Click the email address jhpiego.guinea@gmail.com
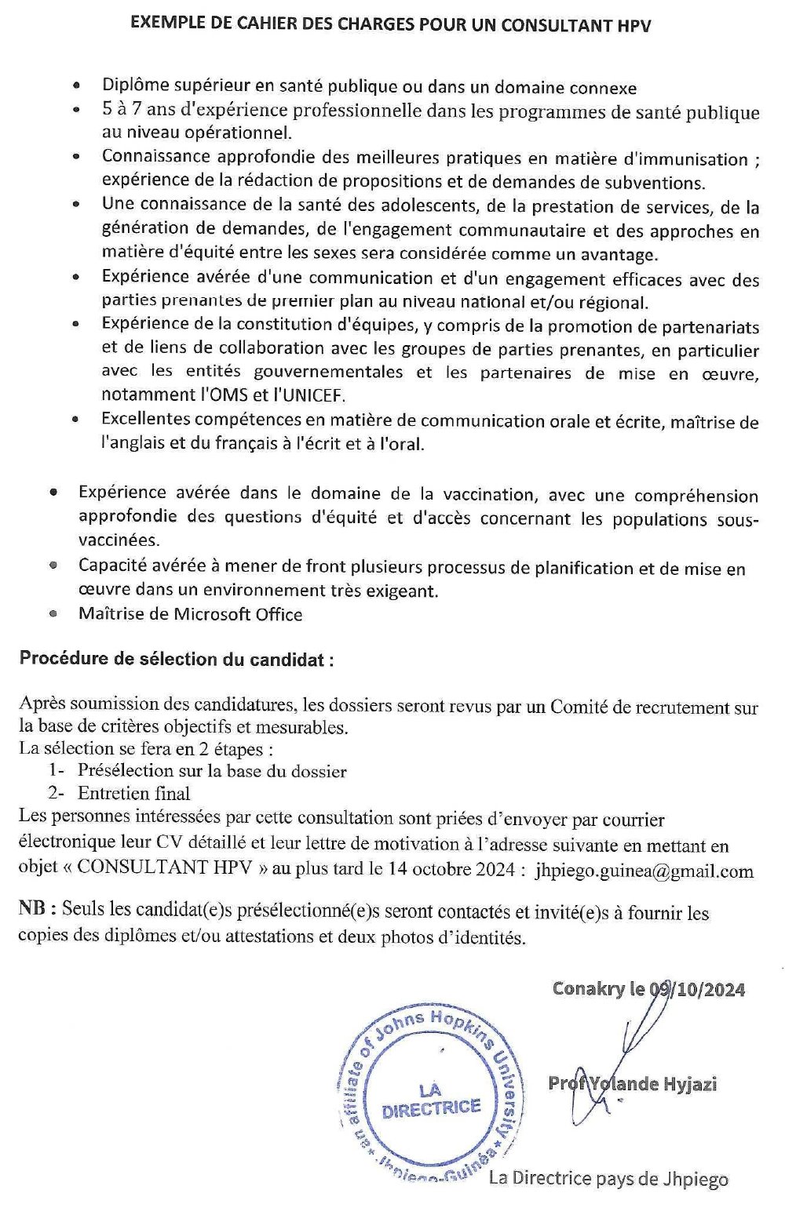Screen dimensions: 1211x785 pos(644,871)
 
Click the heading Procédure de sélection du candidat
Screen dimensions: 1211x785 pos(177,659)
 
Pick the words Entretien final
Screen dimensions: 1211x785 pos(133,794)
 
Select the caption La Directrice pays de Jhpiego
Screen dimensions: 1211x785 pos(608,1179)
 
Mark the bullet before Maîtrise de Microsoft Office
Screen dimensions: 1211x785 pos(53,614)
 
